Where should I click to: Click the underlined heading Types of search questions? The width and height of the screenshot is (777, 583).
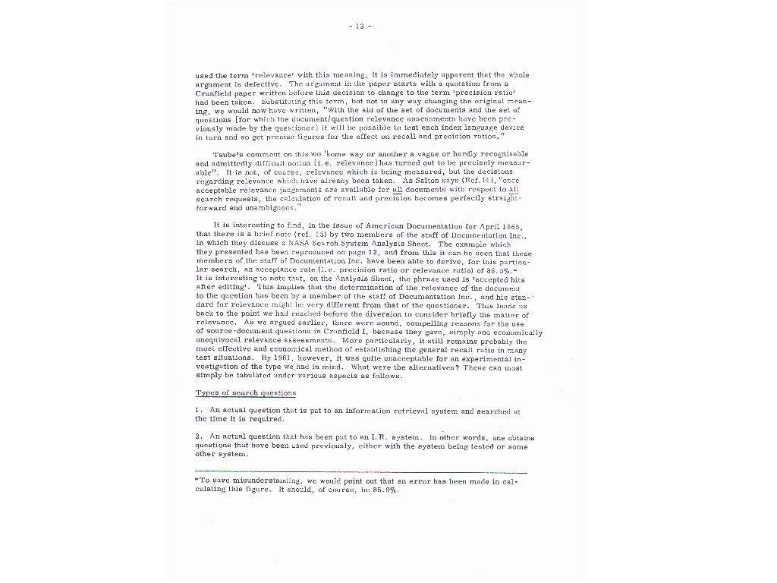[246, 392]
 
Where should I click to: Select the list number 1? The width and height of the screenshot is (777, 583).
[197, 410]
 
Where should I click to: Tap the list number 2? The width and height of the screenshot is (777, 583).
[197, 437]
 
